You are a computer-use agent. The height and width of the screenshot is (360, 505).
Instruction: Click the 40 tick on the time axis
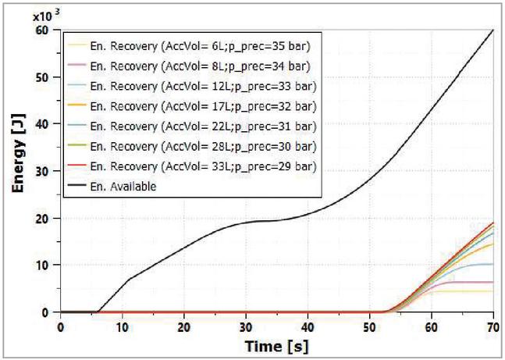308,326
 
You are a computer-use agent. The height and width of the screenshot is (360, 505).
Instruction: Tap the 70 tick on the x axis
493,326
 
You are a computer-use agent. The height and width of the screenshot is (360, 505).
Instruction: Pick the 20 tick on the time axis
184,326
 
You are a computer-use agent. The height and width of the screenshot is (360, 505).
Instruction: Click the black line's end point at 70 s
493,30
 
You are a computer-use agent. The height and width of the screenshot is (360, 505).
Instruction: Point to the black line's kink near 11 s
129,279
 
